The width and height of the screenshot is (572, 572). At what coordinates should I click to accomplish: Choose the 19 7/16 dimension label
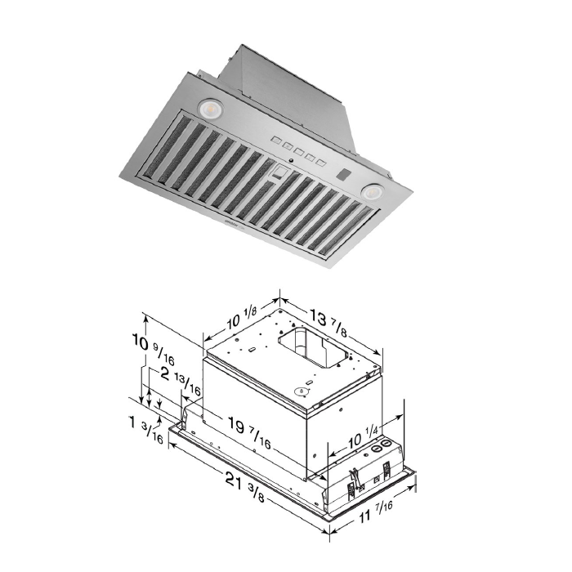pos(249,431)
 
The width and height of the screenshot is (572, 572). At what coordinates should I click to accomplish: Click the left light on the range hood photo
pos(208,107)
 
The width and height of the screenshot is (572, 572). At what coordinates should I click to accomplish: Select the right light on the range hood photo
pos(373,190)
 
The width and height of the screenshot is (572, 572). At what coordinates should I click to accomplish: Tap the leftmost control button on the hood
pos(277,141)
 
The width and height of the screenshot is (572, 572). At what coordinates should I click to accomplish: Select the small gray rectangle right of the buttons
pos(345,175)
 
